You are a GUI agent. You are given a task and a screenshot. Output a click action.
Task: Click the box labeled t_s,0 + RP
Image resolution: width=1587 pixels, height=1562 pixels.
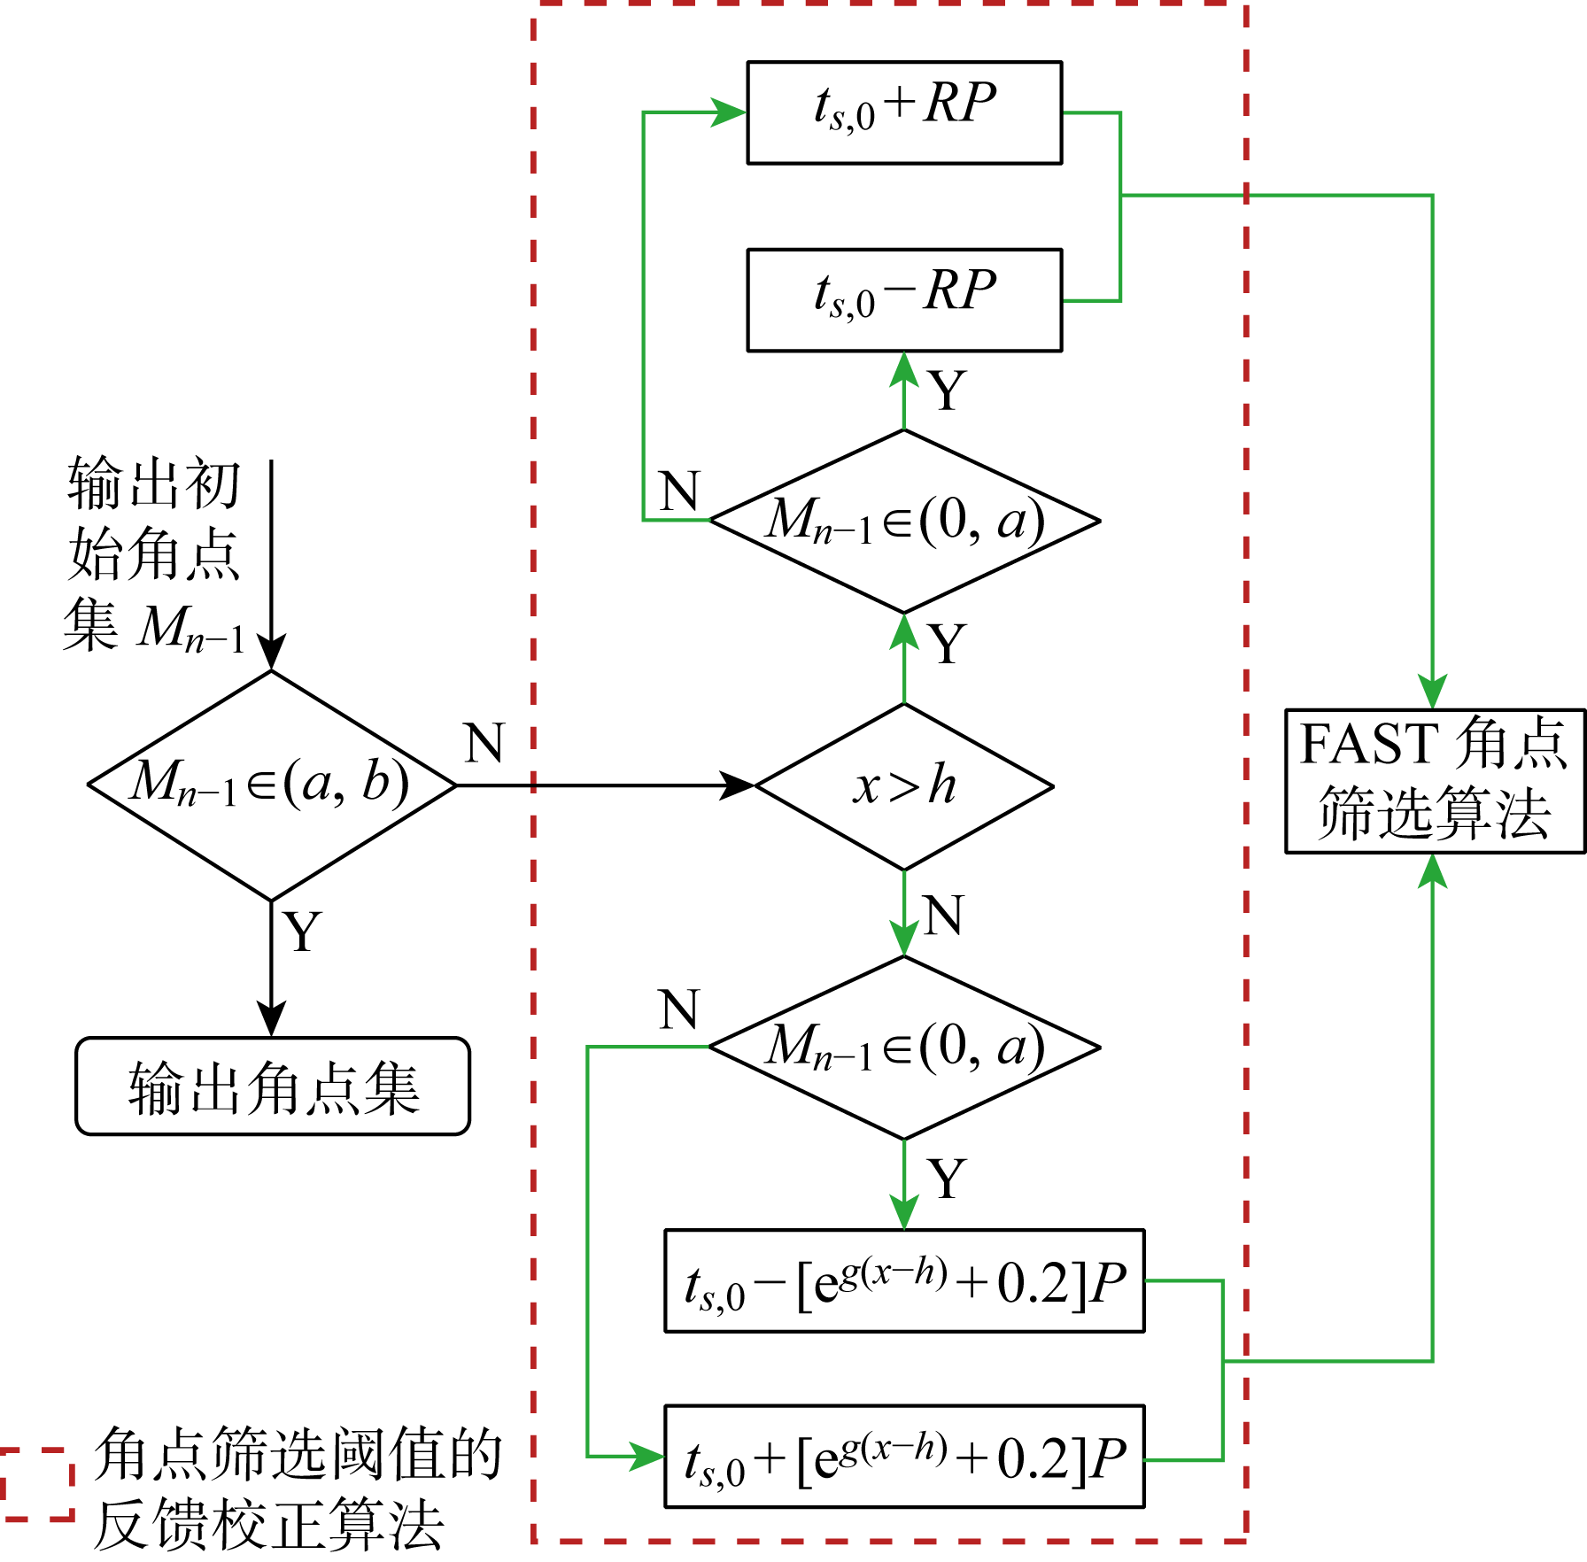pyautogui.click(x=904, y=112)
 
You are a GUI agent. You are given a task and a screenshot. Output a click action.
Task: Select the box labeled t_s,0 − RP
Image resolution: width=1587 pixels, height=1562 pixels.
pyautogui.click(x=904, y=300)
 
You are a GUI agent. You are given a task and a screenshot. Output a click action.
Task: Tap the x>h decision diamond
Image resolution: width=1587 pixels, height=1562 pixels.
pyautogui.click(x=904, y=786)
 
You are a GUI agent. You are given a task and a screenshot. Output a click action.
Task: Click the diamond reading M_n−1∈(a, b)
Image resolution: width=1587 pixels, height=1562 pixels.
pyautogui.click(x=271, y=785)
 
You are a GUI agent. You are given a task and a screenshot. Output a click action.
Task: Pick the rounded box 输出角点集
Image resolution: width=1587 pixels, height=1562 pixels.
pyautogui.click(x=273, y=1086)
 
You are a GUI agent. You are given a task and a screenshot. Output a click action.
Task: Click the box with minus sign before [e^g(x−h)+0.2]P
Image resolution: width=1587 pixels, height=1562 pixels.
pyautogui.click(x=904, y=1281)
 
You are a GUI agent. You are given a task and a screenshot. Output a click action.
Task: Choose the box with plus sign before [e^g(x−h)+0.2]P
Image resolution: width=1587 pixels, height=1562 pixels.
pyautogui.click(x=904, y=1457)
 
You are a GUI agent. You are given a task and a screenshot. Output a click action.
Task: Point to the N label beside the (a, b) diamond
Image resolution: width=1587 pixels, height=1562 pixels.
pyautogui.click(x=484, y=743)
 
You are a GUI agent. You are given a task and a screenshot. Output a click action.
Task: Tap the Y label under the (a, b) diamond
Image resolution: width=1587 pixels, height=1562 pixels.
pyautogui.click(x=302, y=932)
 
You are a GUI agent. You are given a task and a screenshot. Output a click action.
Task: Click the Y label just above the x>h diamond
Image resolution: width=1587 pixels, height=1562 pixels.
pyautogui.click(x=947, y=644)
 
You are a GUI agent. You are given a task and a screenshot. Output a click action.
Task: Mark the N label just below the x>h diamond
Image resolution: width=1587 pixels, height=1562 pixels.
pyautogui.click(x=942, y=915)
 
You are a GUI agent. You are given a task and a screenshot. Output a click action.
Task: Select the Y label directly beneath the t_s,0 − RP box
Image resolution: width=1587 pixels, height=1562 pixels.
pyautogui.click(x=947, y=390)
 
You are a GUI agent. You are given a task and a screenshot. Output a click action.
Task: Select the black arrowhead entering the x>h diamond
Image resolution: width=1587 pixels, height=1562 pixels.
pyautogui.click(x=737, y=785)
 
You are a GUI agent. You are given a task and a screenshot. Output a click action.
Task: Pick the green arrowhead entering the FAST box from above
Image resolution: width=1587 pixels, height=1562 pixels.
pyautogui.click(x=1433, y=692)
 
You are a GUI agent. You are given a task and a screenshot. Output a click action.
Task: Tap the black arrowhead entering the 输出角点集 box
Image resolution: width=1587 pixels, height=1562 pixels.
pyautogui.click(x=271, y=1019)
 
